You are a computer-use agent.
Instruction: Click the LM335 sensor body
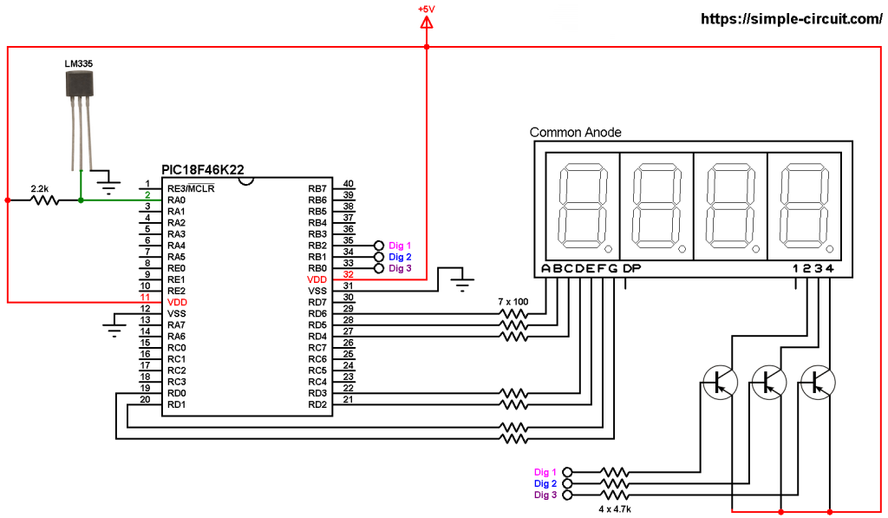pos(79,83)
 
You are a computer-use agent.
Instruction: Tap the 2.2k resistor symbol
pos(44,200)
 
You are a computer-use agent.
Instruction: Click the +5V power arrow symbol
pos(427,23)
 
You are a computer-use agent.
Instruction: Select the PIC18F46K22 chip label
pos(203,169)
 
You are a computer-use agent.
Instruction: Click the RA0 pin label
pos(176,200)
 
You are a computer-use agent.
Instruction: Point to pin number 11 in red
pos(145,297)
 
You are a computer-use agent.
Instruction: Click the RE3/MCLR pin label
pos(191,188)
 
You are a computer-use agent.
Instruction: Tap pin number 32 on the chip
pos(349,274)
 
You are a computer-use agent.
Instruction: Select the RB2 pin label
pos(317,246)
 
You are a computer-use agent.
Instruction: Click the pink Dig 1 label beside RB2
pos(400,246)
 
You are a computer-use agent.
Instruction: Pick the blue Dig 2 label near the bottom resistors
pos(545,483)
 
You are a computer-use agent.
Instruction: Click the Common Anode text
pos(576,132)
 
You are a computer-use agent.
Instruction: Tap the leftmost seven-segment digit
pos(583,207)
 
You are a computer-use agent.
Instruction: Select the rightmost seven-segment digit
pos(804,207)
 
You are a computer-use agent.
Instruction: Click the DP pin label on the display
pos(631,268)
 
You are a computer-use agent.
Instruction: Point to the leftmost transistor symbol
pos(720,383)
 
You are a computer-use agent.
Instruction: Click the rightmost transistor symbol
pos(818,383)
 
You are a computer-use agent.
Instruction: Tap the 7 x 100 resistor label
pos(513,301)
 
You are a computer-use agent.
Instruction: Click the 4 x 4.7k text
pos(615,509)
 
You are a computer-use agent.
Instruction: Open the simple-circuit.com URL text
pos(791,19)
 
